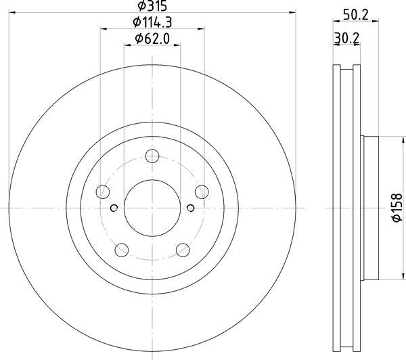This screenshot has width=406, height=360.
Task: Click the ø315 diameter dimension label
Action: [x=152, y=6]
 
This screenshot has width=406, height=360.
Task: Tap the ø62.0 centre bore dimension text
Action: [x=152, y=39]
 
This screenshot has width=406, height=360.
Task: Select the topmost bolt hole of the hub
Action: [x=152, y=158]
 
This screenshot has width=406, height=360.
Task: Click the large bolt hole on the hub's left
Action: [x=103, y=192]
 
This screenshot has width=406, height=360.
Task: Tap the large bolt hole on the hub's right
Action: [x=201, y=192]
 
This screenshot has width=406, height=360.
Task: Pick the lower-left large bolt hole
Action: [x=122, y=250]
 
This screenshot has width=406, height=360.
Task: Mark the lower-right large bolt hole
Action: [x=182, y=250]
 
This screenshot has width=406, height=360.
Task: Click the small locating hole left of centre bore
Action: [x=114, y=207]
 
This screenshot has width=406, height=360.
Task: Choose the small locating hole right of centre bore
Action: [x=191, y=207]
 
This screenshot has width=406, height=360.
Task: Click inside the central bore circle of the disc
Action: [x=152, y=207]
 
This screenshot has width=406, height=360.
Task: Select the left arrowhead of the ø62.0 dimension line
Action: [x=127, y=45]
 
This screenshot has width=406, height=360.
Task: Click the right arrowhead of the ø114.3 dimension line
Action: [x=202, y=28]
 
